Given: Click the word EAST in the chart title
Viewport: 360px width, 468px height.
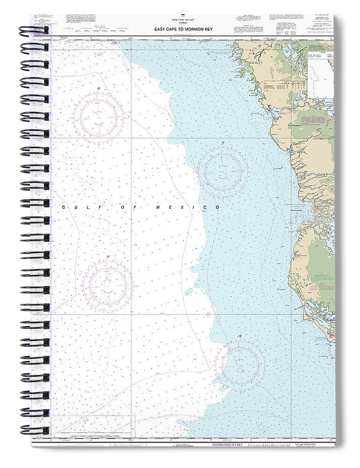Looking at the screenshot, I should click(161, 29).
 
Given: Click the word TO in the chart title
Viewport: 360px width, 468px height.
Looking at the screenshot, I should click(183, 29).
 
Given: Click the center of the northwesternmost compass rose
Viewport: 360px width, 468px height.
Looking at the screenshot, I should click(99, 117).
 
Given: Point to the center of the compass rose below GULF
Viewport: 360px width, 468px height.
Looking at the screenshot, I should click(108, 285).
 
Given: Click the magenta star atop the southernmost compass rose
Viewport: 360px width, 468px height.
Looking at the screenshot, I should click(240, 336).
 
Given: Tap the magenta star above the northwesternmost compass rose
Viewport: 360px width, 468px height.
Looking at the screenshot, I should click(99, 88).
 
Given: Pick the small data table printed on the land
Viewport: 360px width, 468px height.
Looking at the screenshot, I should click(277, 87).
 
